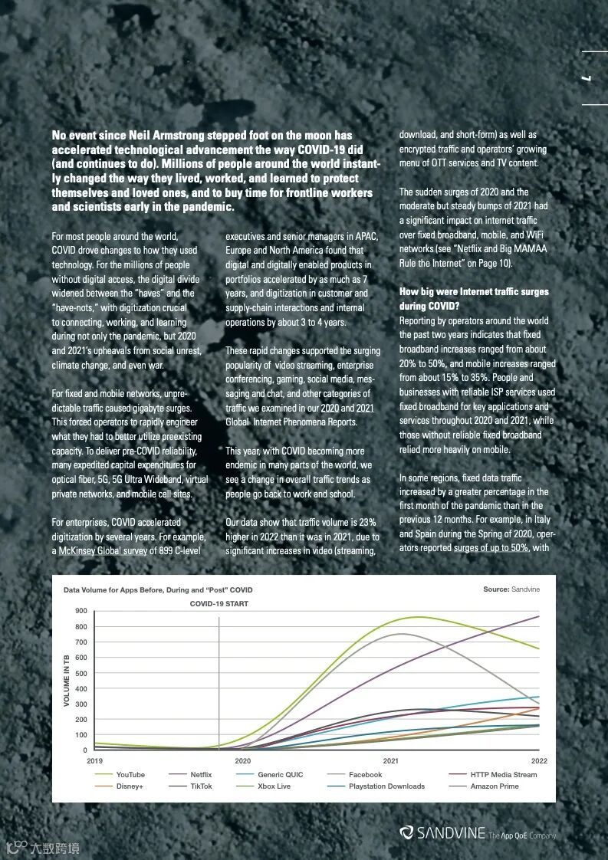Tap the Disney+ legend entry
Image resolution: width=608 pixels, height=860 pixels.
130,786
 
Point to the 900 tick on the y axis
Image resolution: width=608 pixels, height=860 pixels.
81,611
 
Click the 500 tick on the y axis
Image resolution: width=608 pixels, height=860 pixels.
81,673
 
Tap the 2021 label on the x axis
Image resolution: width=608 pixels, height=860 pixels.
390,761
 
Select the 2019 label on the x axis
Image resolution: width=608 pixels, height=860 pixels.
94,761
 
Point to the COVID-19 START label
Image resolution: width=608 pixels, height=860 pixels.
219,604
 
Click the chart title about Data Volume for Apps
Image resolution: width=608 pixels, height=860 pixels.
157,590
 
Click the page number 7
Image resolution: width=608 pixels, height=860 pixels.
592,78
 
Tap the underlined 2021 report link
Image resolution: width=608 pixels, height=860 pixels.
365,409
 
